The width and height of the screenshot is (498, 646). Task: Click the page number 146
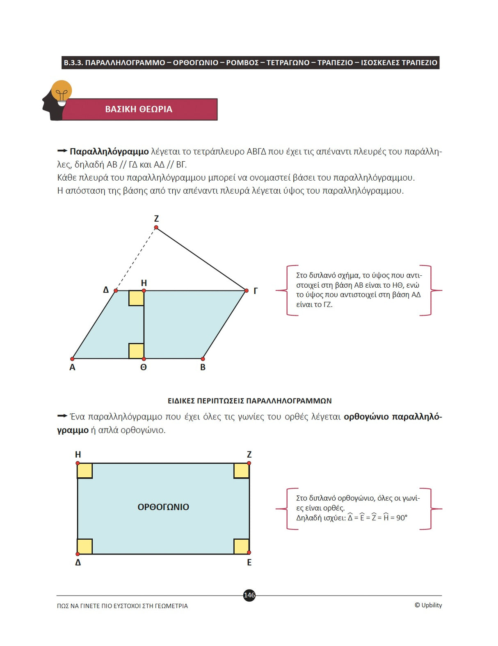click(249, 595)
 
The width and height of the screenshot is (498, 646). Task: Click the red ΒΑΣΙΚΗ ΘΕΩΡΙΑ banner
click(139, 109)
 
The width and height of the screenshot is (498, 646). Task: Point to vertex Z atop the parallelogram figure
click(156, 227)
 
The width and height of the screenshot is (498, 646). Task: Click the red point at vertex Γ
click(246, 291)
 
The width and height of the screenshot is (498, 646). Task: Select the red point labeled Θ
click(144, 359)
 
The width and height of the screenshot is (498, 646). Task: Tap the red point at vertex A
click(73, 359)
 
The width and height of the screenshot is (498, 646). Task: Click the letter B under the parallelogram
click(203, 367)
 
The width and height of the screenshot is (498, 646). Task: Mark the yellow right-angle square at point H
click(136, 298)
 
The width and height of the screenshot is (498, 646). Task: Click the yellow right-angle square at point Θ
click(136, 351)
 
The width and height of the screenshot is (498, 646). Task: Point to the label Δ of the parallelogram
click(106, 290)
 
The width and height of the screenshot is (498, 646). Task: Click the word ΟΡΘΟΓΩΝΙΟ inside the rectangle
click(163, 507)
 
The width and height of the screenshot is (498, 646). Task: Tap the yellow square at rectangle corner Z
click(241, 471)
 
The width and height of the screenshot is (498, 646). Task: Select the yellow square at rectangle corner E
click(241, 546)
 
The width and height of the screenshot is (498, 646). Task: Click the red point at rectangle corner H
click(78, 463)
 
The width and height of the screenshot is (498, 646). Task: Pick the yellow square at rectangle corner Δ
click(85, 546)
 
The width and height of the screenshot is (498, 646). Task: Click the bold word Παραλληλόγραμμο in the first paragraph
click(109, 151)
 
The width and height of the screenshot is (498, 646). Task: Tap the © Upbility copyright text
click(428, 605)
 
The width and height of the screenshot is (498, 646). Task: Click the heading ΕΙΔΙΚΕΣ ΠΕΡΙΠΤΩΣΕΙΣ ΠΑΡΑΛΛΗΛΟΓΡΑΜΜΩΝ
click(249, 401)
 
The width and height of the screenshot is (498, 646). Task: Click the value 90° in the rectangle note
click(402, 518)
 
